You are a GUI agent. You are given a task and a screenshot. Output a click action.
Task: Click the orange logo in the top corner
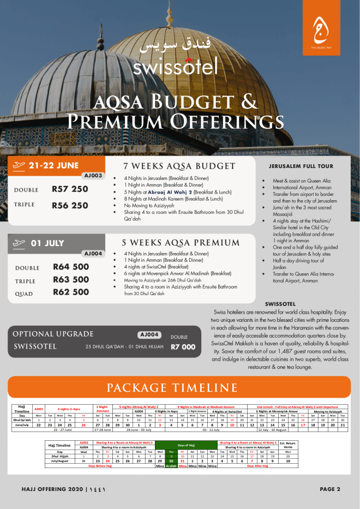click(320, 32)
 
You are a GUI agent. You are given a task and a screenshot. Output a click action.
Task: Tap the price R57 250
click(70, 189)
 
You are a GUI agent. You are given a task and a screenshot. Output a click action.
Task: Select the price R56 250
click(70, 206)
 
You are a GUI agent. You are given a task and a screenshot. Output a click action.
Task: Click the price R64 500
click(71, 267)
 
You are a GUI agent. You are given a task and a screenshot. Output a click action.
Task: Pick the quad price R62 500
click(71, 292)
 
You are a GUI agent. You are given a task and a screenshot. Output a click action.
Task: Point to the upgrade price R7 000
click(183, 346)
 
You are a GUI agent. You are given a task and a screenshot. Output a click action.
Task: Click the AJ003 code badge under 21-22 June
click(93, 176)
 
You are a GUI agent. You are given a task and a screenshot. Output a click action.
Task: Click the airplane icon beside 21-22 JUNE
click(20, 165)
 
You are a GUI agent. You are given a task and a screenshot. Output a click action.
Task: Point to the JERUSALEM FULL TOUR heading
click(301, 166)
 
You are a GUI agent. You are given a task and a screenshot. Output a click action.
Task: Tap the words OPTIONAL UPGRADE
click(53, 334)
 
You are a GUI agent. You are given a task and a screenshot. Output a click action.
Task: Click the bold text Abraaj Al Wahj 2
click(168, 192)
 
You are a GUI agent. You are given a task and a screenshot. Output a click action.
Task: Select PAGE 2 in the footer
click(330, 489)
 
